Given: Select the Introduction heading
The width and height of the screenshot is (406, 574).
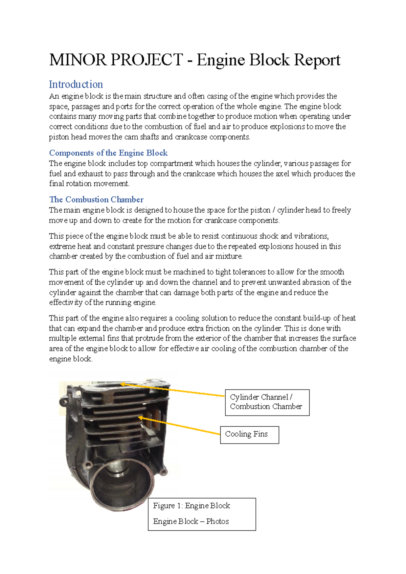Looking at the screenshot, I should tap(76, 84).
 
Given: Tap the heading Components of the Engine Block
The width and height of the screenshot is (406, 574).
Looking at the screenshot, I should tap(108, 153).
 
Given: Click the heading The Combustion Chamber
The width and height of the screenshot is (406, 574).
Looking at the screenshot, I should tap(96, 199).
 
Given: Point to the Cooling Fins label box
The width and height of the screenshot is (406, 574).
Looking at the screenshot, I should tap(249, 434).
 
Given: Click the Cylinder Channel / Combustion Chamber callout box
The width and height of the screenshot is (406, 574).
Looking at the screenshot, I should tap(267, 402).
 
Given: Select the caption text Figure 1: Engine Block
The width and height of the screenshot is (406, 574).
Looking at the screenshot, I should tap(191, 506).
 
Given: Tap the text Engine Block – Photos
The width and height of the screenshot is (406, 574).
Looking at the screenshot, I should tap(191, 521).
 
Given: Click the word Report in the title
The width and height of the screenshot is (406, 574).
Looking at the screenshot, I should tap(317, 60).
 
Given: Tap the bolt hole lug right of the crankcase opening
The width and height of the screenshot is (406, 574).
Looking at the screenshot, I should tap(164, 471).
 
